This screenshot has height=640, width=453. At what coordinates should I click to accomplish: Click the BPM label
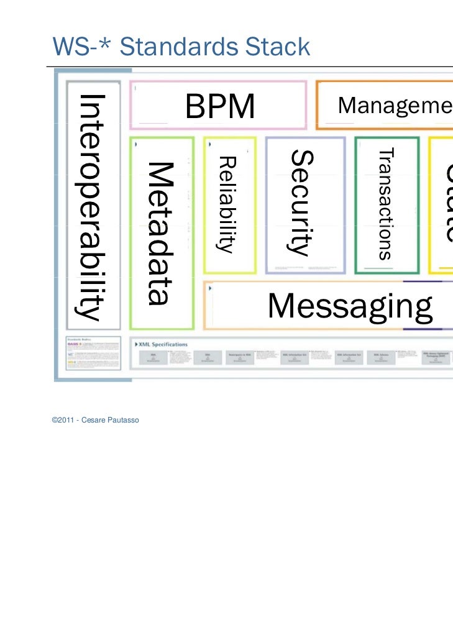point(220,107)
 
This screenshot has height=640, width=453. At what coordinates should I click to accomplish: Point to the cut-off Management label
point(395,106)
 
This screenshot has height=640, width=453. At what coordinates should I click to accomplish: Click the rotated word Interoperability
point(89,207)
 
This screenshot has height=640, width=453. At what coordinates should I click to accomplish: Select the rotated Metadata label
point(158,233)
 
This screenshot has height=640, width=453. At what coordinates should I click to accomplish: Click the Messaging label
point(350,306)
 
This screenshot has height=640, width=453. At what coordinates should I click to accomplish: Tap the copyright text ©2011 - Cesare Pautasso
point(96,421)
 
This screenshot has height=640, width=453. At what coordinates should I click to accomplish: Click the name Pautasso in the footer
point(124,421)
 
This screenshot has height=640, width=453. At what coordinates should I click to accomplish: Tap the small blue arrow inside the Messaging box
point(211,288)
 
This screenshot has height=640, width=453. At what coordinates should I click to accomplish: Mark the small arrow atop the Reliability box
point(211,143)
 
